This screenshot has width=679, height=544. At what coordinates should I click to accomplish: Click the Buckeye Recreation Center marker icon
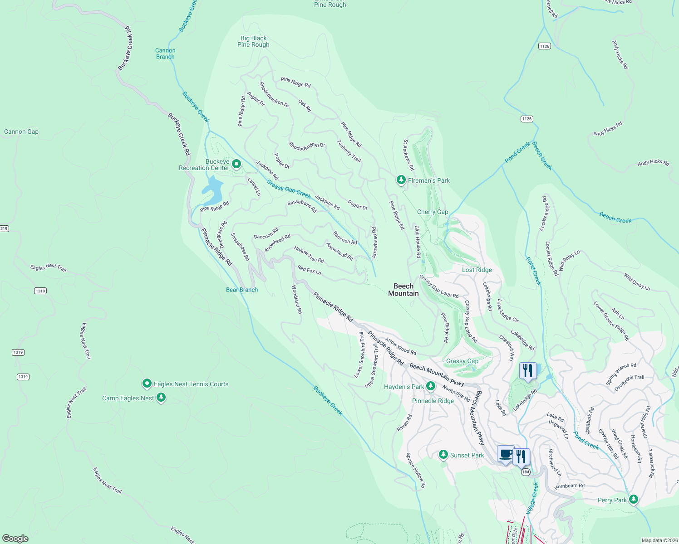(x=236, y=164)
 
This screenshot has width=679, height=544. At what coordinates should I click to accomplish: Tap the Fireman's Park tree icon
(x=401, y=180)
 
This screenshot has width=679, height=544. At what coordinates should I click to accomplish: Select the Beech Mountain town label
(x=403, y=290)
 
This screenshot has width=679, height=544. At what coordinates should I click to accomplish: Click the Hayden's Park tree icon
(x=431, y=386)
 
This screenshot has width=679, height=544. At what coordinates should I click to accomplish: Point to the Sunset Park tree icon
(x=443, y=455)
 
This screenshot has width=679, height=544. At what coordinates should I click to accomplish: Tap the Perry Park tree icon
(x=634, y=500)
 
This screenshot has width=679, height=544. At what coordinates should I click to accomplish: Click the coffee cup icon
(x=506, y=454)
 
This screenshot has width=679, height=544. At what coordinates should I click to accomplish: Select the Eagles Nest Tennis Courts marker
(x=147, y=384)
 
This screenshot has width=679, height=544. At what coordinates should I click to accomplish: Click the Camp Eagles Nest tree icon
(x=161, y=398)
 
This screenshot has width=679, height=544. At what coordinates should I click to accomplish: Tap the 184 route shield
(x=526, y=472)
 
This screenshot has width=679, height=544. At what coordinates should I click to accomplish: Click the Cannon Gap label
(x=21, y=132)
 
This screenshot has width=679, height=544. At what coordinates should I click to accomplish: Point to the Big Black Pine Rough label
(x=253, y=42)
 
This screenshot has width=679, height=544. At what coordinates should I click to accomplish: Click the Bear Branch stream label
(x=242, y=290)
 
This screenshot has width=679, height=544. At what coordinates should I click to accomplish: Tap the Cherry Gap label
(x=433, y=212)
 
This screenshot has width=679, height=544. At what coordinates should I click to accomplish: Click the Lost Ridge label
(x=477, y=270)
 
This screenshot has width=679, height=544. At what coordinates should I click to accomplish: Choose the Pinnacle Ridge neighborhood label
(x=433, y=401)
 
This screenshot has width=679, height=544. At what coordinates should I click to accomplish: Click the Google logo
(x=15, y=538)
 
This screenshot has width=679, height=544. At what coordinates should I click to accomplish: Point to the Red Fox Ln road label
(x=309, y=270)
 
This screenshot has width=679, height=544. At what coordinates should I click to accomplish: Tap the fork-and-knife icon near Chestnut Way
(x=528, y=370)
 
